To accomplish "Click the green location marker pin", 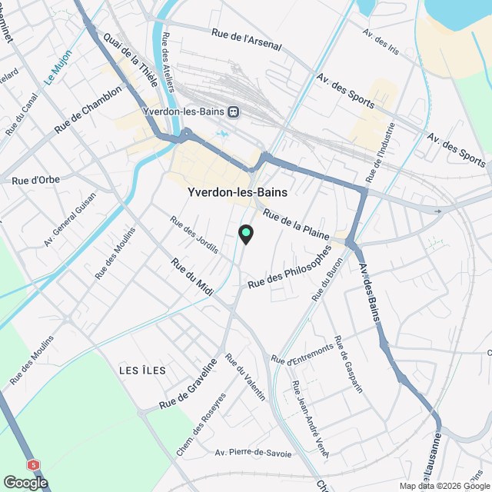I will point(245,234).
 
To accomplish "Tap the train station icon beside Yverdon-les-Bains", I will point(234,111).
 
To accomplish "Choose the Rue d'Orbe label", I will point(33,180).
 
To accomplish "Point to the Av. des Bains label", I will point(372,297).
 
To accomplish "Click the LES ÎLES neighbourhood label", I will point(143,371).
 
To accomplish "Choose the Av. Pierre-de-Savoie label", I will point(254,454).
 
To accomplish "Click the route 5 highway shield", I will point(33,465).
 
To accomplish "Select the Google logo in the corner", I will point(25,482).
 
